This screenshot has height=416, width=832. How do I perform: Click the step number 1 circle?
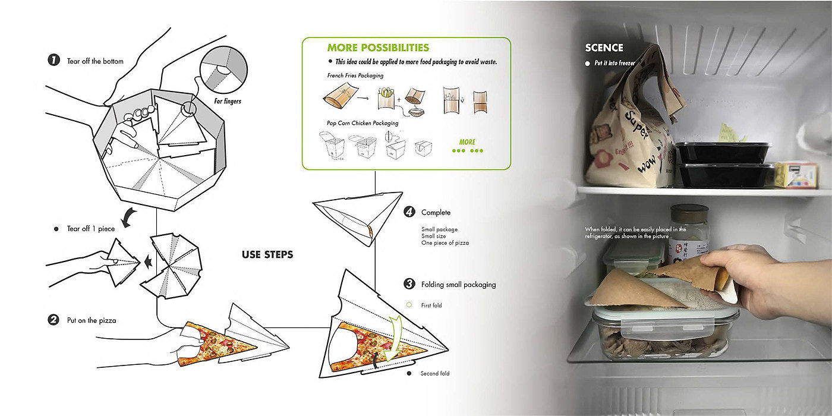(54, 60)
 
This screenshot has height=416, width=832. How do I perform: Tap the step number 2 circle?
(54, 320)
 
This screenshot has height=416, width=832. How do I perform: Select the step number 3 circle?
(408, 284)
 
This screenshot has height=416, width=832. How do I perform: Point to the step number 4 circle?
(408, 212)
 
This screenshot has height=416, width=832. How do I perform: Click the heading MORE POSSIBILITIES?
(377, 48)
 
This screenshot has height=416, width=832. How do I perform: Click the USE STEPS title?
(267, 255)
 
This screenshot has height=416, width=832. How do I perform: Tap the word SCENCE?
(604, 48)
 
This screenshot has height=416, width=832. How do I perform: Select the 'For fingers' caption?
(228, 102)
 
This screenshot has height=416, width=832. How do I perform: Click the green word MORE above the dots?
(467, 142)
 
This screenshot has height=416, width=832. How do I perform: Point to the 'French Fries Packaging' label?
(355, 76)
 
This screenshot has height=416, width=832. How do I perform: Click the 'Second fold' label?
(434, 374)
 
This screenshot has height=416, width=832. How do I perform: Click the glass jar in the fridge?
(688, 232)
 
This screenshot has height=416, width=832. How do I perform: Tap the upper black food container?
(722, 152)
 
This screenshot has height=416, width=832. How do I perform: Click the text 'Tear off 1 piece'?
(91, 229)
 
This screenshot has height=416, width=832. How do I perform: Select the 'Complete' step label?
(436, 212)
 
